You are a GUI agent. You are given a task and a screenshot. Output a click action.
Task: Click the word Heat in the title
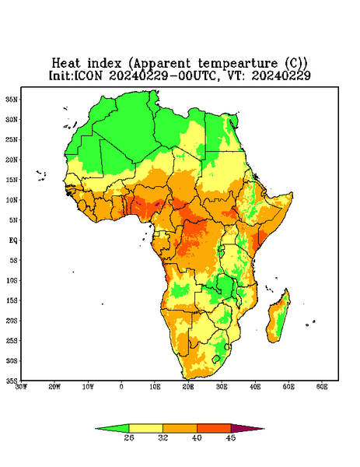click(66, 63)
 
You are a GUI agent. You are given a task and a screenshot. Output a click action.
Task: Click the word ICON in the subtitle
click(88, 75)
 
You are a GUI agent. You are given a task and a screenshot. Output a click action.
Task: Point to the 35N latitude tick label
click(12, 99)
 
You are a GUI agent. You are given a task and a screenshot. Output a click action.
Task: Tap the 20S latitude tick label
click(12, 321)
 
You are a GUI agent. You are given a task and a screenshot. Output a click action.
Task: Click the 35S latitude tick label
click(12, 381)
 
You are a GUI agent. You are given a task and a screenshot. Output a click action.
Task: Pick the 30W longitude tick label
click(21, 387)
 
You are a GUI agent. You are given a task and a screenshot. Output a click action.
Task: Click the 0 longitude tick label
click(121, 387)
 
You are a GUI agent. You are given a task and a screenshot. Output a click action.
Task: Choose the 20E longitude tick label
click(188, 387)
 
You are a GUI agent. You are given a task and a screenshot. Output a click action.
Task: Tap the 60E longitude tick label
click(322, 387)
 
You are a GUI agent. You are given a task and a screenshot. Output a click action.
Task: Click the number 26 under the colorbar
click(129, 437)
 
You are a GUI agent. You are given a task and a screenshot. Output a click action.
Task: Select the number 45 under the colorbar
click(231, 437)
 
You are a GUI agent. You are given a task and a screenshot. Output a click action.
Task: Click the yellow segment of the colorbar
click(145, 428)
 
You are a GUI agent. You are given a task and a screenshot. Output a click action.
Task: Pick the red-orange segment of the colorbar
click(214, 428)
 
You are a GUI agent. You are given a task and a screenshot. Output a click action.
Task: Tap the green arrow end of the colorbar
click(112, 428)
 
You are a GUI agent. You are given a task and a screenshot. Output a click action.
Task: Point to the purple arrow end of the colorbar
click(248, 428)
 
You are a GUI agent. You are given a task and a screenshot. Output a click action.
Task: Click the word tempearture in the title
click(237, 64)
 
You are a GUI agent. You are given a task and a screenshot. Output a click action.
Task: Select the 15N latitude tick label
click(12, 180)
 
